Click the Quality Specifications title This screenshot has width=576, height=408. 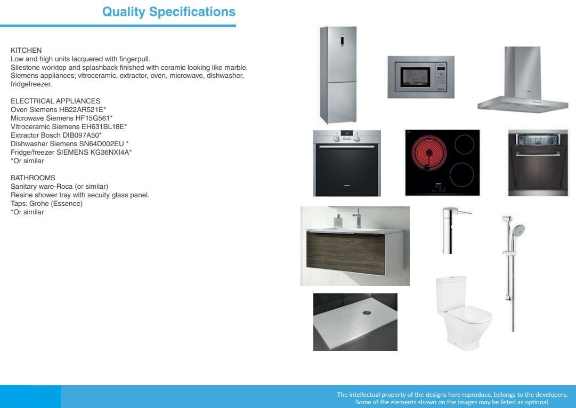tap(168, 11)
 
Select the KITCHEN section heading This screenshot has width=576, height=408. tap(26, 50)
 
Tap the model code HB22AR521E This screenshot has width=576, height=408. tap(81, 109)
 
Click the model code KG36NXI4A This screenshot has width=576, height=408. tap(110, 152)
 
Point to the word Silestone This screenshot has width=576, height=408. tap(25, 68)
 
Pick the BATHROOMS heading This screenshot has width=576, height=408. tap(33, 178)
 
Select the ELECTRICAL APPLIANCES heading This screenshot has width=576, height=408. tap(55, 101)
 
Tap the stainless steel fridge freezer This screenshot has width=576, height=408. tap(338, 75)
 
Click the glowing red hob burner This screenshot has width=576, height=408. tap(429, 152)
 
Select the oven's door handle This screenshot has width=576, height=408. tap(347, 147)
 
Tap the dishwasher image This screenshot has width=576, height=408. tap(538, 163)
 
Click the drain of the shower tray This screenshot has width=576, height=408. tap(367, 313)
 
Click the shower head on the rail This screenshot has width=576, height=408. tap(518, 230)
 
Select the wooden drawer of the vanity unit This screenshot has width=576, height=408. tap(346, 253)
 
